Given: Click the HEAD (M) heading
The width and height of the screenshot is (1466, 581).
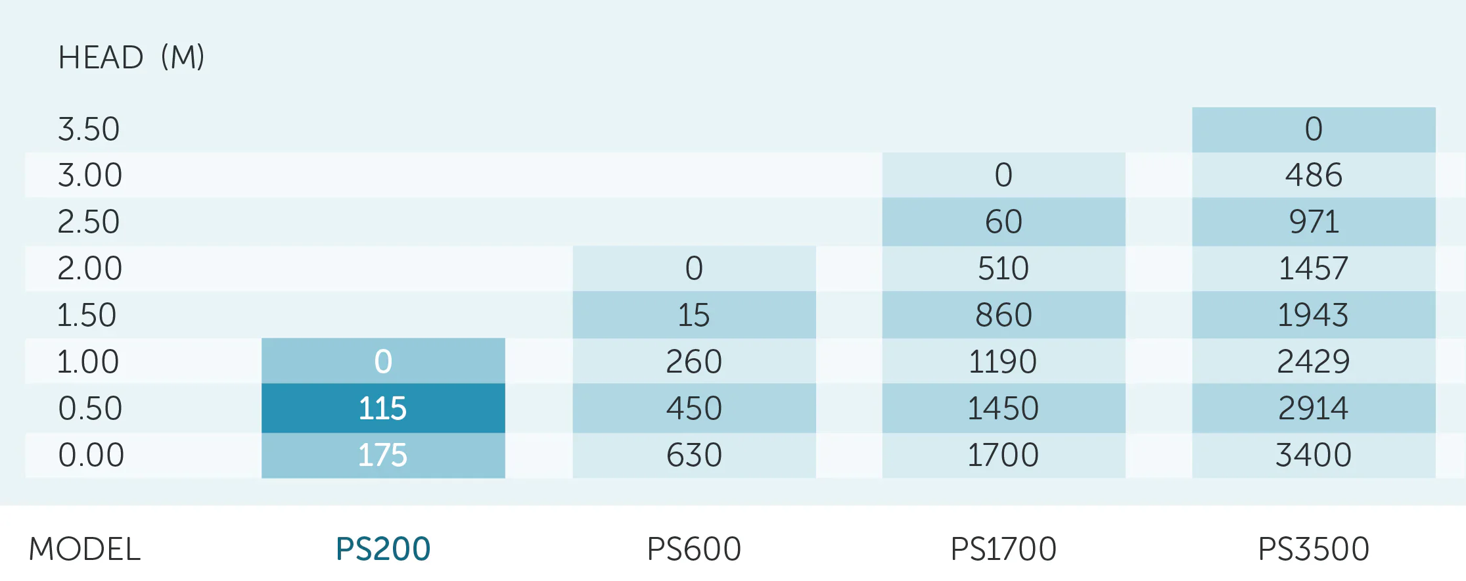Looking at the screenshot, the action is (x=131, y=57).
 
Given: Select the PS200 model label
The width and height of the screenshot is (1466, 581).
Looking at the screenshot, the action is (x=383, y=549).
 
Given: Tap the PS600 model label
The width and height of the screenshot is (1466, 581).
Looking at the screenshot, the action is (x=694, y=549).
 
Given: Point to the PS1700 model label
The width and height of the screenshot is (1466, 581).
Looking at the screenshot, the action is (x=1003, y=549).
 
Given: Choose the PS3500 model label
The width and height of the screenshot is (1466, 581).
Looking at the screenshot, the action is (x=1314, y=549).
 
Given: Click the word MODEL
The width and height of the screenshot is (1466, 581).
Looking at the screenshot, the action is (x=85, y=549).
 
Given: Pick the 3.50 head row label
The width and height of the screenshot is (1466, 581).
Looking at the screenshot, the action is (x=89, y=129).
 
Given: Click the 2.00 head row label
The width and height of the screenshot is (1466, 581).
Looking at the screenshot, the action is (x=89, y=268).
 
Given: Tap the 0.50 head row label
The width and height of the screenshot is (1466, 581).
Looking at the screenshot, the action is (x=90, y=408).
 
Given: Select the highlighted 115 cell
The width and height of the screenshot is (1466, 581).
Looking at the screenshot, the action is (x=383, y=408).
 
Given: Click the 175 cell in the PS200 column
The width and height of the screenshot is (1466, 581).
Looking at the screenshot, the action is (x=383, y=455).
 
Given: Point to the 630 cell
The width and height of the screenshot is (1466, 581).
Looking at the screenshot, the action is (x=694, y=455).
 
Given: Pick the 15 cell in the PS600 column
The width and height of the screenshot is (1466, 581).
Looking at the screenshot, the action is (x=694, y=315).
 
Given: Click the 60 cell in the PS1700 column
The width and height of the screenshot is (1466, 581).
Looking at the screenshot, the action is (x=1003, y=221).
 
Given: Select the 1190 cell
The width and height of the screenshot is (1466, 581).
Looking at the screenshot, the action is (x=1003, y=361).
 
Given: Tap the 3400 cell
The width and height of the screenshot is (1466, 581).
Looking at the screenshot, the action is (x=1314, y=455).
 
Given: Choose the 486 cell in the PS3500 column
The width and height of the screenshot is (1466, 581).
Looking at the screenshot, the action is (x=1314, y=175).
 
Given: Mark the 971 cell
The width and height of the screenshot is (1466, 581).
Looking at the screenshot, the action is (x=1314, y=221).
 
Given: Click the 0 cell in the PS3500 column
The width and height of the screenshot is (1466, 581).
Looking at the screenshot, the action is (x=1314, y=129).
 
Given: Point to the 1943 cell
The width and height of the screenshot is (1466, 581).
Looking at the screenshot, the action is (x=1314, y=315).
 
